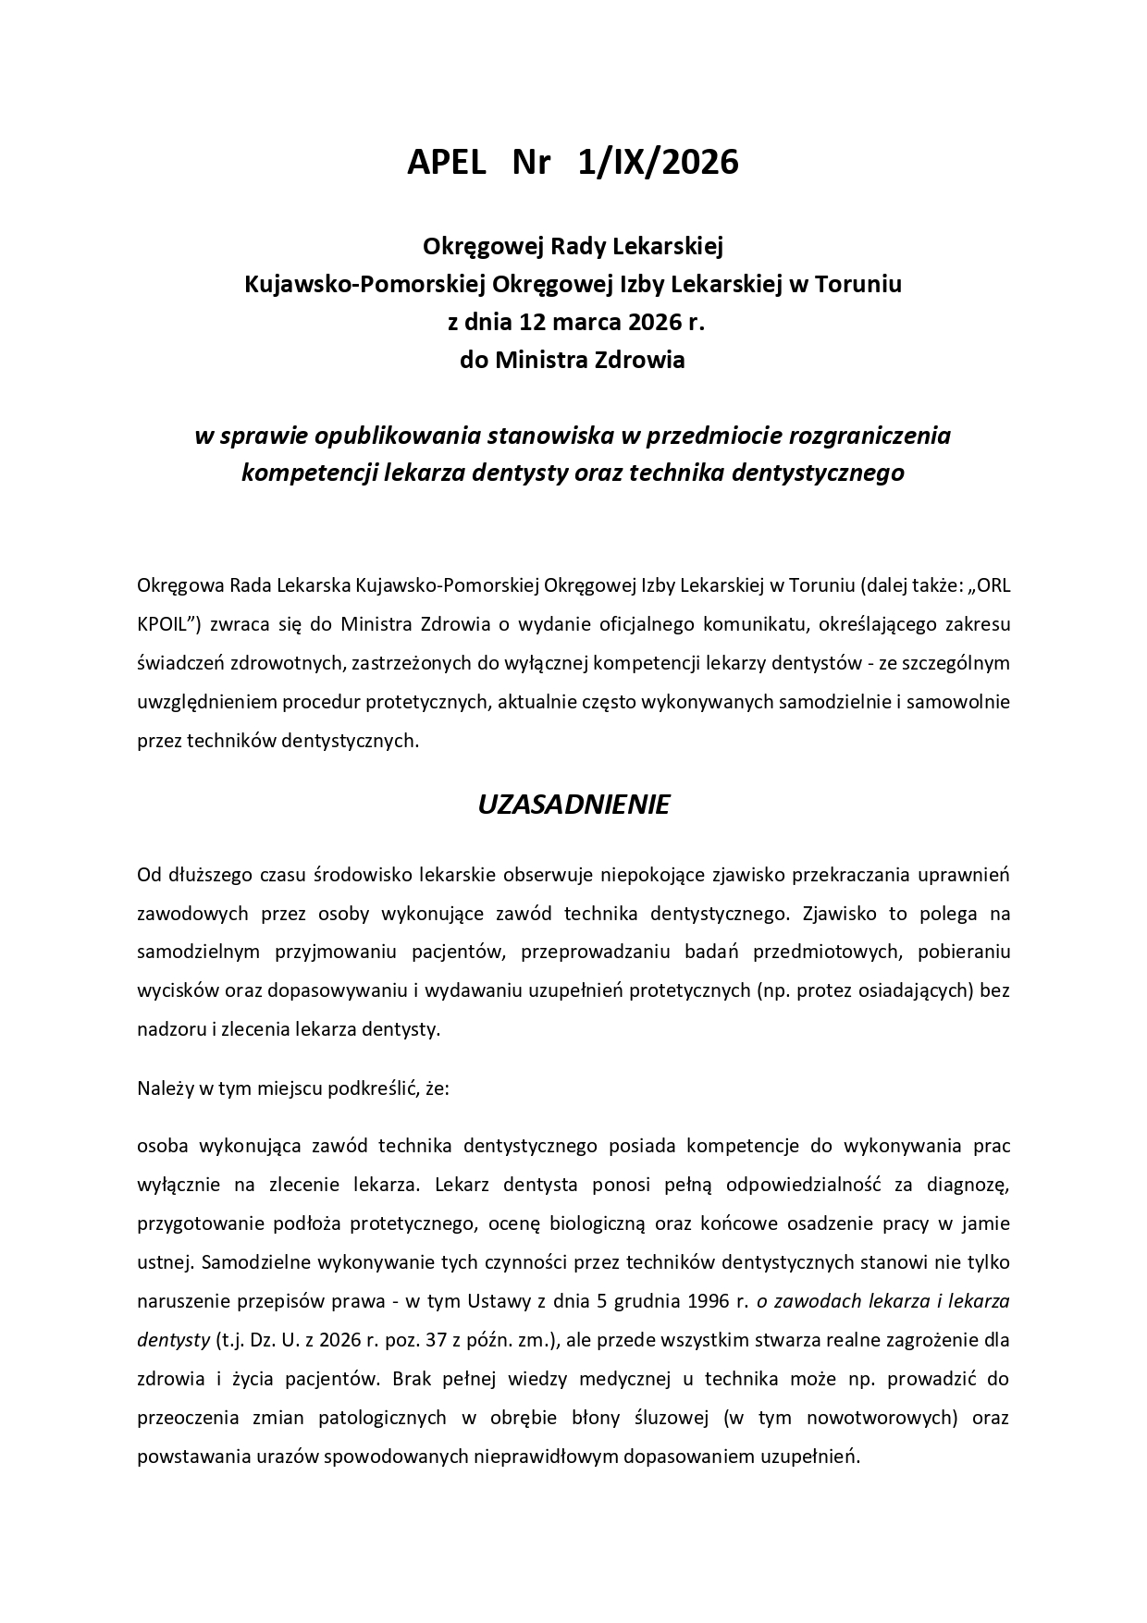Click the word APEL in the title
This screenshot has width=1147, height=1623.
pos(446,163)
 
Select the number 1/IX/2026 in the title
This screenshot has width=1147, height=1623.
pos(658,163)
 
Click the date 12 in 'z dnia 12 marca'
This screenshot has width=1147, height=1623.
pos(533,323)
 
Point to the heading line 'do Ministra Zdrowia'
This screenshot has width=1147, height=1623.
pos(573,361)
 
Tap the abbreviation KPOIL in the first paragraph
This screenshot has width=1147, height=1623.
pos(165,624)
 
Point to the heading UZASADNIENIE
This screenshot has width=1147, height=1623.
pos(573,805)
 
